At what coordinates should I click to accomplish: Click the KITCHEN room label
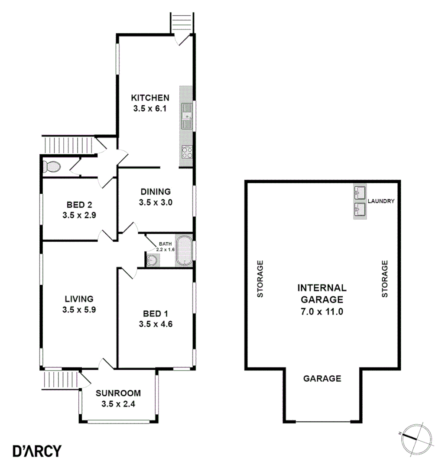point(150,97)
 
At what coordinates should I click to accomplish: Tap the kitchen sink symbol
point(187,116)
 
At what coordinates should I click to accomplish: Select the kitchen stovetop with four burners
point(187,152)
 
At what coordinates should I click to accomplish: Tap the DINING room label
point(156,191)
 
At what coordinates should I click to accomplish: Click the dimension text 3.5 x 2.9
point(79,215)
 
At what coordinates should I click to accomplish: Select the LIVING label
point(79,299)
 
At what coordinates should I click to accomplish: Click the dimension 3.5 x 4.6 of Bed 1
point(156,323)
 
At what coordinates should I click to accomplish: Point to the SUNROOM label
point(118,393)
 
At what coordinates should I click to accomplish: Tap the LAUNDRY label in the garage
point(381,201)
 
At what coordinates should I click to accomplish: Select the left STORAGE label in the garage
point(260,279)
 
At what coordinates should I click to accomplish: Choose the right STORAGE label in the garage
point(384,279)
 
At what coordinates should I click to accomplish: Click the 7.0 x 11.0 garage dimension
point(322,311)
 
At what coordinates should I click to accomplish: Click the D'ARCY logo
point(37,451)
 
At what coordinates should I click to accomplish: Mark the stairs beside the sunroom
point(61,380)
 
